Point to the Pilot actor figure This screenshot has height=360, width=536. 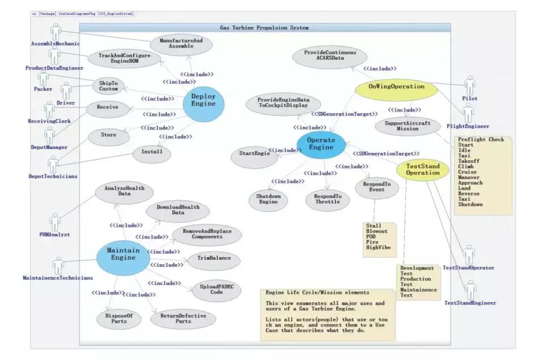click(470, 85)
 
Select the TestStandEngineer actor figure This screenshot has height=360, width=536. click(470, 289)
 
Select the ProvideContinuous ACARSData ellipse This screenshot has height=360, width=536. click(330, 55)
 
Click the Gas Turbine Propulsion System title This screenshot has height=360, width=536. click(264, 27)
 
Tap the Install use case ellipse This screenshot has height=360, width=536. click(151, 152)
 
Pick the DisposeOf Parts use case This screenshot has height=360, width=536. click(119, 319)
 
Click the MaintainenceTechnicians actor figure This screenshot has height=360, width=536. click(58, 265)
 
